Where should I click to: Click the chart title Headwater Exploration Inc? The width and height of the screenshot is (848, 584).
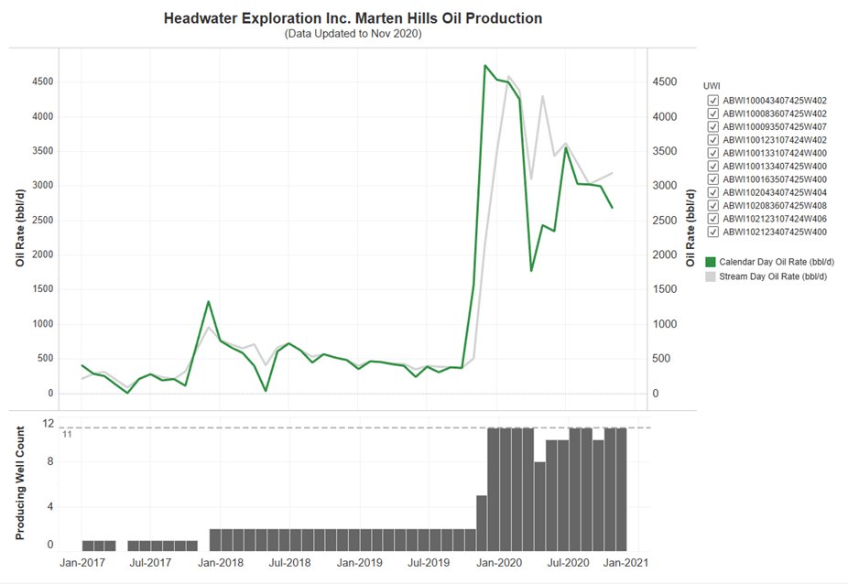pyautogui.click(x=353, y=18)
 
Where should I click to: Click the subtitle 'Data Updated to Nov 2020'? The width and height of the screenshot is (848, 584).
pyautogui.click(x=353, y=34)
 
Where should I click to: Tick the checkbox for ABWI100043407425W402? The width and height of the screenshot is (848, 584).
pyautogui.click(x=712, y=101)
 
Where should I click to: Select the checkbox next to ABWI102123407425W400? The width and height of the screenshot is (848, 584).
pyautogui.click(x=712, y=232)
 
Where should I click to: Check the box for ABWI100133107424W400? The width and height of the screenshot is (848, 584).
pyautogui.click(x=712, y=153)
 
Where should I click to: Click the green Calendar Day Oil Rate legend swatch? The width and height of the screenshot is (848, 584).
pyautogui.click(x=711, y=262)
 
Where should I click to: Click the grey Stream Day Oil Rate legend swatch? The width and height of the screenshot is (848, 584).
pyautogui.click(x=711, y=276)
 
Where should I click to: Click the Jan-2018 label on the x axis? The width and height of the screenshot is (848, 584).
pyautogui.click(x=219, y=563)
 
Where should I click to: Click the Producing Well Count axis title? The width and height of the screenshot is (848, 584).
pyautogui.click(x=20, y=481)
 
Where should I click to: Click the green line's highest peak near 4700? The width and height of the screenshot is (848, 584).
pyautogui.click(x=484, y=66)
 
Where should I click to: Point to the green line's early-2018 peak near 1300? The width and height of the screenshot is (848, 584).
pyautogui.click(x=209, y=301)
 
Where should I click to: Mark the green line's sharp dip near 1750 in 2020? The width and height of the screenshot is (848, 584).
pyautogui.click(x=531, y=271)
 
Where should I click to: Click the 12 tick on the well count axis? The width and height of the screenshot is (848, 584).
pyautogui.click(x=49, y=424)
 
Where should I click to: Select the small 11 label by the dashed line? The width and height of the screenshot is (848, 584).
pyautogui.click(x=67, y=435)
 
